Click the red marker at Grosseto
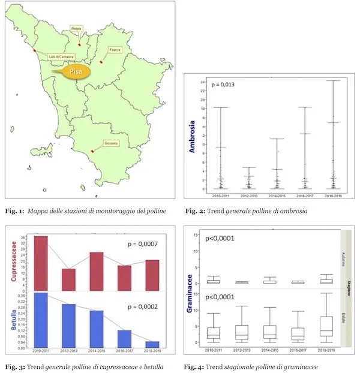coord(92,151)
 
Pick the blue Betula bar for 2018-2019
coord(153,344)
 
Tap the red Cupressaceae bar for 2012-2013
coord(69,277)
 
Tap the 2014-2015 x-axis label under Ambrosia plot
coord(273,195)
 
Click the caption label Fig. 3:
coord(14,366)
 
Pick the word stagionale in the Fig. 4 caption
coord(240,366)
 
